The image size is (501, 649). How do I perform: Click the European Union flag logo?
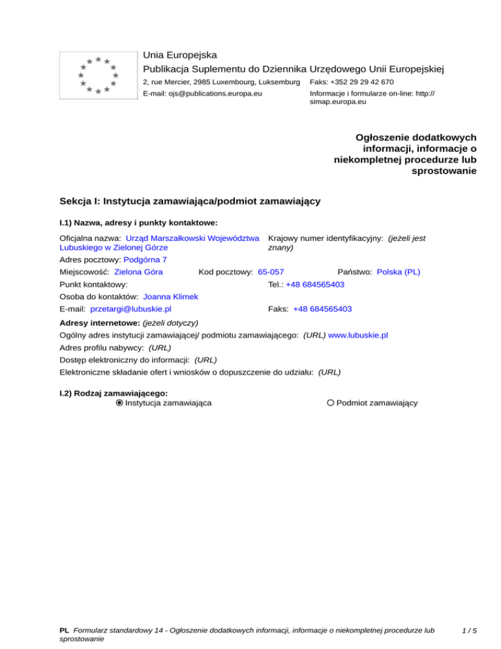click(x=97, y=75)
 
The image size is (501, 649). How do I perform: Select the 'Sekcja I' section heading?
click(x=189, y=201)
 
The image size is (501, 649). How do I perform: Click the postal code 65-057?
click(x=271, y=271)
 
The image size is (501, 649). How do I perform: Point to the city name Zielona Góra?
click(x=138, y=271)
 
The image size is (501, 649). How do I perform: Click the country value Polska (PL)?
click(x=399, y=271)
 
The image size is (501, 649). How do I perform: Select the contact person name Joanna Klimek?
click(x=170, y=296)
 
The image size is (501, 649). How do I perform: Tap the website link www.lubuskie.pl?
click(x=358, y=335)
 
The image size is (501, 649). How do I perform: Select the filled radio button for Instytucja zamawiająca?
click(x=119, y=403)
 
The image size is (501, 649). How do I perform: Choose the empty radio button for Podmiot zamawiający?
click(x=331, y=403)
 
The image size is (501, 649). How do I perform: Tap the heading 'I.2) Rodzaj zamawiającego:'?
click(x=113, y=393)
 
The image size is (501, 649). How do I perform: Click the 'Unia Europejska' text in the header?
click(x=180, y=55)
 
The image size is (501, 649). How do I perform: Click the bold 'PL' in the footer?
click(x=64, y=631)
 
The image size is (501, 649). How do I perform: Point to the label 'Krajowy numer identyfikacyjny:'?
click(x=326, y=238)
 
